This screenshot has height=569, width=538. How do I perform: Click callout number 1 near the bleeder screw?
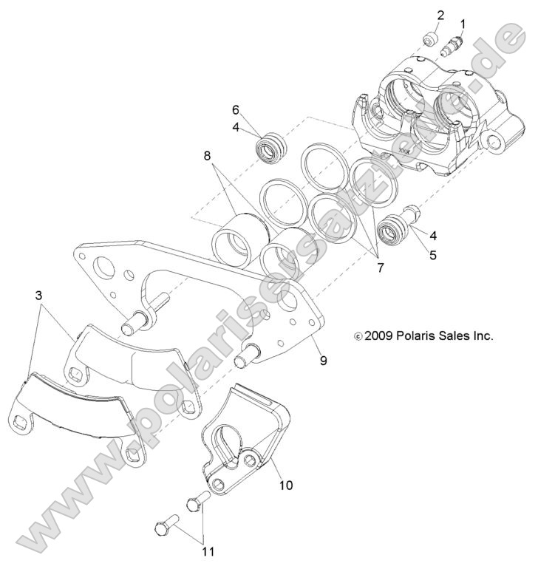click(x=463, y=24)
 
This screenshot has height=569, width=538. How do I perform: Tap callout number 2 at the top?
click(x=440, y=15)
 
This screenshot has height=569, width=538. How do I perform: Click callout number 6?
click(x=236, y=109)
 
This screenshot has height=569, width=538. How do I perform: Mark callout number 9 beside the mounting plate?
click(x=322, y=361)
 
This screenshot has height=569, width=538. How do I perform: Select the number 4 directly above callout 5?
click(x=432, y=236)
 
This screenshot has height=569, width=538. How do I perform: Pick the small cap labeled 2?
click(x=428, y=38)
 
